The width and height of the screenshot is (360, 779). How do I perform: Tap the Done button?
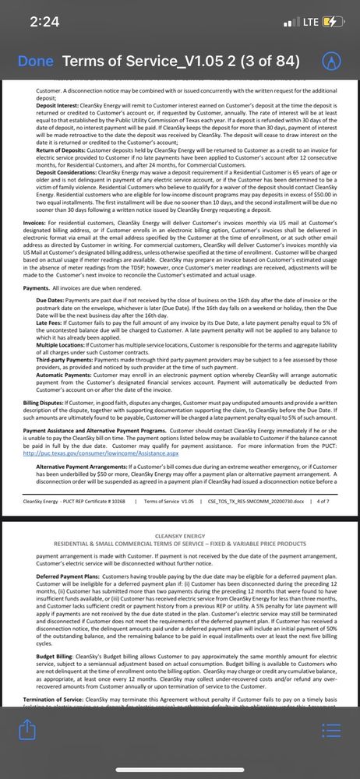(35, 61)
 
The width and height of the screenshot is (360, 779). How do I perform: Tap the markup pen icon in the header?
(332, 61)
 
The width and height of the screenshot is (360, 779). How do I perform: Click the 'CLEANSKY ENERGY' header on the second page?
(179, 537)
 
